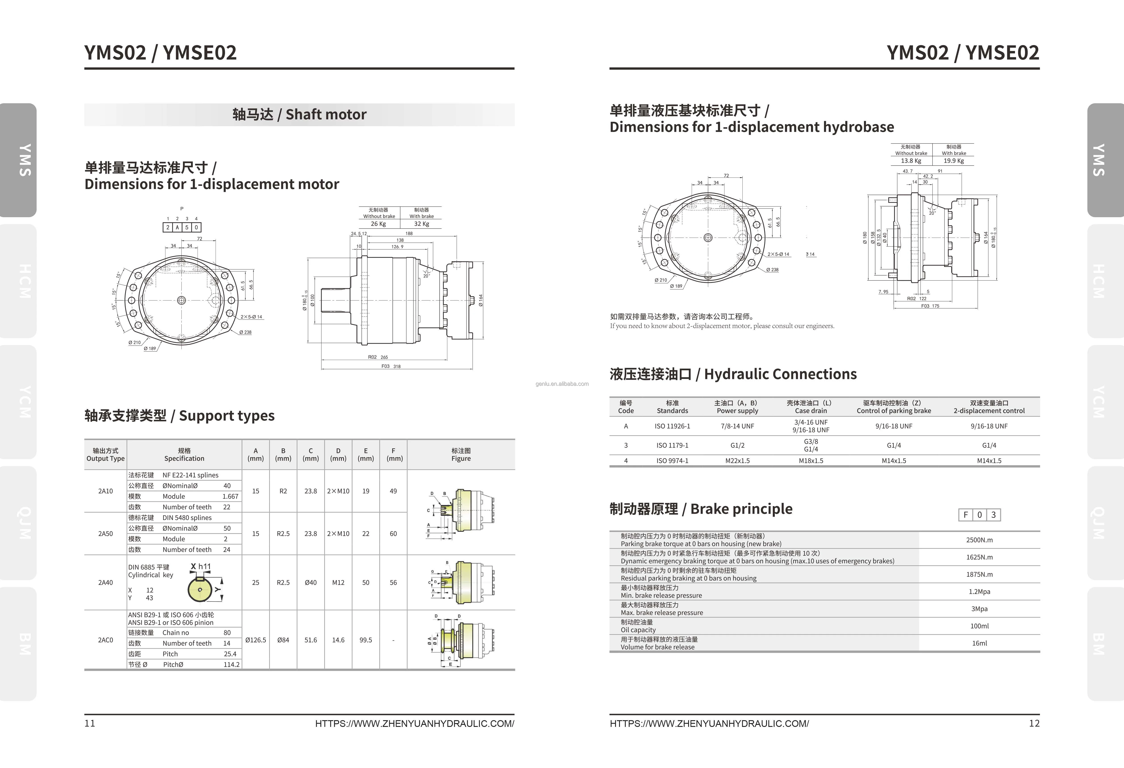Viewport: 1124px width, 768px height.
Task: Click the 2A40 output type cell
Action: coord(105,582)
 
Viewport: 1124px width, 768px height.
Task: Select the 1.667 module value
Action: coord(230,496)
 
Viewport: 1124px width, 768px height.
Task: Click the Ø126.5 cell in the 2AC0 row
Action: coord(255,640)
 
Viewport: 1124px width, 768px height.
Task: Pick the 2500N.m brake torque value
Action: coord(979,540)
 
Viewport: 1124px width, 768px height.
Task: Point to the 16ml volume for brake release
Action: coord(979,643)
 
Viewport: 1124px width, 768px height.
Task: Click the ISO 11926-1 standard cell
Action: coord(672,426)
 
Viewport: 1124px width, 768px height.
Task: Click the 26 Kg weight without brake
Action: coord(378,224)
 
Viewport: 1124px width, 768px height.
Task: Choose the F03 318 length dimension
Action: coord(391,366)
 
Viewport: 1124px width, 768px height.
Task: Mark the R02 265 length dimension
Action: coord(378,357)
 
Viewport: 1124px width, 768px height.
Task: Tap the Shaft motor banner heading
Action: coord(299,115)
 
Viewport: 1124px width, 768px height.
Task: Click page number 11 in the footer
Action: coord(90,724)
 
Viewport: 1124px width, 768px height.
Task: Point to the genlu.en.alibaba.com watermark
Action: coord(562,384)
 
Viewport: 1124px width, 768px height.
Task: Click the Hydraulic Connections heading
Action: coord(733,374)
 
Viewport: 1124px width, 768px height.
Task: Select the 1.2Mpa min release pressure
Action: coord(979,591)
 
